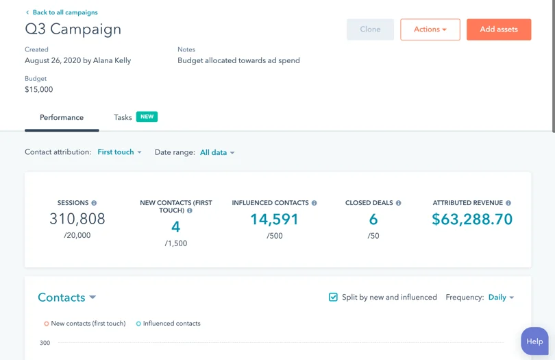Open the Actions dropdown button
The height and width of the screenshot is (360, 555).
[430, 29]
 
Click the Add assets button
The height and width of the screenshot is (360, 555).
[498, 29]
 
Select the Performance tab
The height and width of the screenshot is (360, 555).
[62, 117]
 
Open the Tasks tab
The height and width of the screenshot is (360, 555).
[123, 117]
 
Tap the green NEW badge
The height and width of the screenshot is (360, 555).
[147, 117]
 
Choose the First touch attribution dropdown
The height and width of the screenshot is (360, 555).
[119, 152]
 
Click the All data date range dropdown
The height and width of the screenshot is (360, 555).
[217, 153]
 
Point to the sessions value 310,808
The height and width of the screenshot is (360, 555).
[77, 219]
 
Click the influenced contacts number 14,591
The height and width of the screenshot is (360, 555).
[274, 219]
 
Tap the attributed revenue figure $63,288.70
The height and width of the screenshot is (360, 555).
[472, 219]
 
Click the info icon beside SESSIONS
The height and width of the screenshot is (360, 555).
[95, 203]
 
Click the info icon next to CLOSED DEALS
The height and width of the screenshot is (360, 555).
[399, 203]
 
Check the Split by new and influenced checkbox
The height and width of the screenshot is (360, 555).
[333, 297]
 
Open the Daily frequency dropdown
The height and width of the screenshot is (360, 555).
[501, 298]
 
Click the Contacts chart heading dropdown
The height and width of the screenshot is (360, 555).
[66, 298]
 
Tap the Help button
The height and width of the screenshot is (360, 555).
[534, 341]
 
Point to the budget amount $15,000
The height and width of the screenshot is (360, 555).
[38, 90]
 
